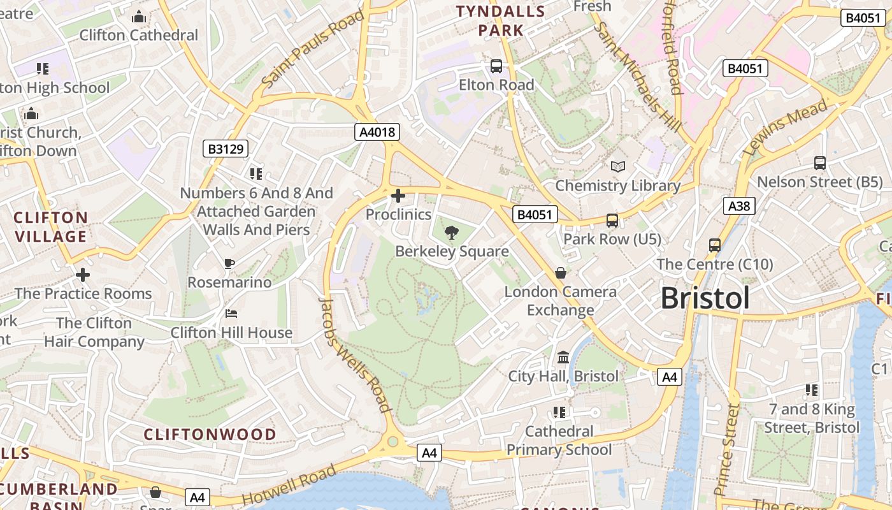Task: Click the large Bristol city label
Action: click(705, 298)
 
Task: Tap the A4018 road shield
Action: click(377, 132)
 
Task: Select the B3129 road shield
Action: click(226, 149)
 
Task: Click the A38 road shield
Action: click(739, 205)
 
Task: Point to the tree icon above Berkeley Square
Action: click(452, 233)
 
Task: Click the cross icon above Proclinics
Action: click(398, 196)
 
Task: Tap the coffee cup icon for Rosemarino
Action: click(229, 263)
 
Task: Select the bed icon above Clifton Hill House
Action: click(231, 314)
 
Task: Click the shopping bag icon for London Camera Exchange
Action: click(561, 273)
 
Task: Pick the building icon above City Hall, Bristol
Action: click(563, 357)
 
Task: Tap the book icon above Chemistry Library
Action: click(617, 166)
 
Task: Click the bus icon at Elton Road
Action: click(496, 66)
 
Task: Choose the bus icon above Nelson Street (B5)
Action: click(819, 163)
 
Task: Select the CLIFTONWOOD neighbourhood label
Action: click(210, 435)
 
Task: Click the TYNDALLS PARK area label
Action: click(501, 20)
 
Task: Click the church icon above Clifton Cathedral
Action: click(139, 17)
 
